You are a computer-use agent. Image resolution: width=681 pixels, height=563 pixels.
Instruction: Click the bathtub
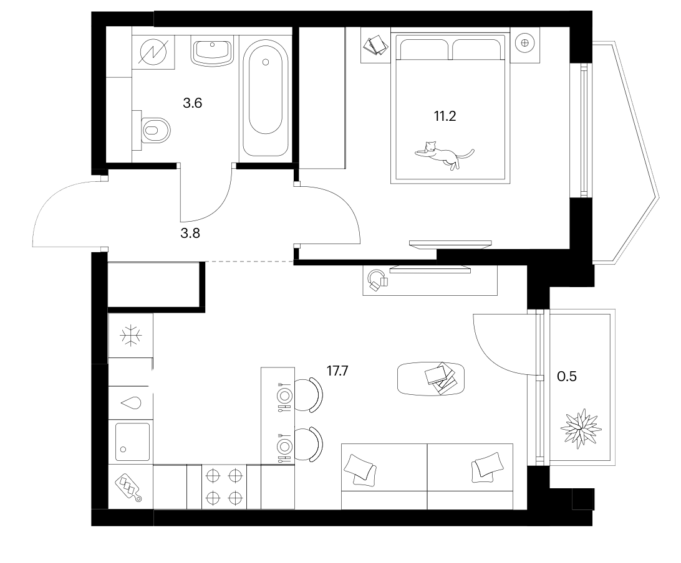[266, 98]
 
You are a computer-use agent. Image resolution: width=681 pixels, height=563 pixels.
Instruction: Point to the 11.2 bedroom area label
[445, 116]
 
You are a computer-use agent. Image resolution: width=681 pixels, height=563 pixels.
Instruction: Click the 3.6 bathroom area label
[193, 103]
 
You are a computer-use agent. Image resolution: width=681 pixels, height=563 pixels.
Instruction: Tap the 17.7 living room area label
[337, 371]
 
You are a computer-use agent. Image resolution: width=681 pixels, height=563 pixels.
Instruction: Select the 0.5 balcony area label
[567, 376]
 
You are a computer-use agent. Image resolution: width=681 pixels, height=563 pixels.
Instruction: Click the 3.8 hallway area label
[190, 234]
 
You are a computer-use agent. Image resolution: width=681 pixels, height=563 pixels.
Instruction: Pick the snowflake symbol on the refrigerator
[131, 336]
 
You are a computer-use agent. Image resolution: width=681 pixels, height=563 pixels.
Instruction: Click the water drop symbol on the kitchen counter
[131, 403]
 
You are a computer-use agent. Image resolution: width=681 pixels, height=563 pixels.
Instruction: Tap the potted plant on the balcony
[581, 428]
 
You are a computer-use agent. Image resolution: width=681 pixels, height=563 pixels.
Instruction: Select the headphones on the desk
[376, 280]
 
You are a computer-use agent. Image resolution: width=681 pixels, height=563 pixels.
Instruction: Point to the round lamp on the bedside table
[524, 42]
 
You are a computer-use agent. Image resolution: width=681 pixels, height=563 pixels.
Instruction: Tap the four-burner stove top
[224, 486]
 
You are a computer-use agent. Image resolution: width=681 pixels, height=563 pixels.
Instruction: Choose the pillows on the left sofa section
[360, 470]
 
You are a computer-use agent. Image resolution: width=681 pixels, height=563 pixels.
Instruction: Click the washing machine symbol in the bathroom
[154, 52]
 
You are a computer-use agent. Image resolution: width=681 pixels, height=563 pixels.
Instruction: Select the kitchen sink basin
[132, 442]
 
